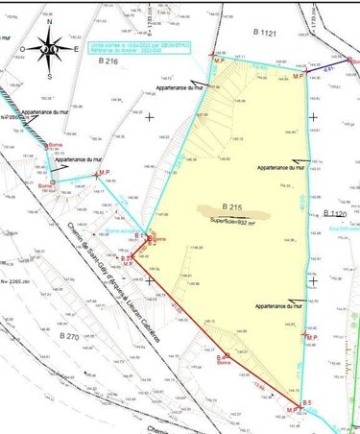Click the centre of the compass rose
point(50,50)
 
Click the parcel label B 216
point(108,60)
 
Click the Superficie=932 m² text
point(235,220)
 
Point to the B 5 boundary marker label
point(307,400)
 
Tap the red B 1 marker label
point(138,235)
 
